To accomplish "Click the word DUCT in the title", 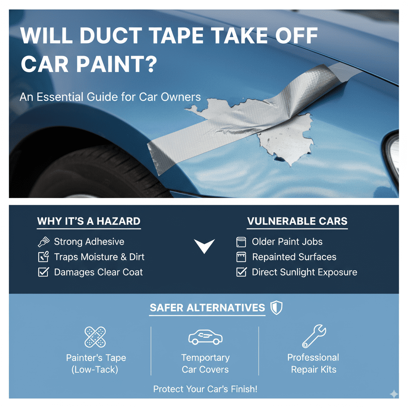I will (120, 36).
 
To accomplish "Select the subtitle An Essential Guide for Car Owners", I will (110, 97).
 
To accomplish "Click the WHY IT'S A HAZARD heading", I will (88, 221).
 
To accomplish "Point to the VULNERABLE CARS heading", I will (297, 221).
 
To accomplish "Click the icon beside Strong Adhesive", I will (43, 241).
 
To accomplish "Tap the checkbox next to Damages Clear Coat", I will (43, 272).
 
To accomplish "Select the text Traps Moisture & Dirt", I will (99, 257).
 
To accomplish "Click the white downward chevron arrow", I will (204, 246).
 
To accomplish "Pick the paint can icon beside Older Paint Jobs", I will (241, 241).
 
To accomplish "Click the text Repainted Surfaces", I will (294, 257).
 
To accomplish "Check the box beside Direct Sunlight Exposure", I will (241, 272).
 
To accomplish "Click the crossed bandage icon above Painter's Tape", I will (96, 337).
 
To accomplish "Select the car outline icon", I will (205, 337).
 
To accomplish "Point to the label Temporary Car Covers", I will (205, 363).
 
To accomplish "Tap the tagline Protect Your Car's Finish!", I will (205, 389).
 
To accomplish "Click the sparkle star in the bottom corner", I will (394, 394).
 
